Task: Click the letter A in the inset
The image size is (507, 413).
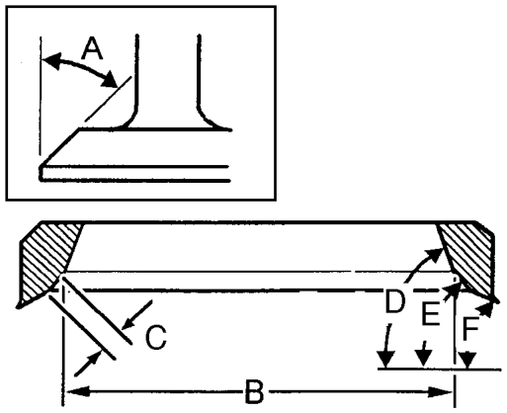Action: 92,48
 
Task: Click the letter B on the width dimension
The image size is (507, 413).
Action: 255,392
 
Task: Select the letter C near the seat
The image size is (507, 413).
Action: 156,337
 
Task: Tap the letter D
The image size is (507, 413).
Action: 395,301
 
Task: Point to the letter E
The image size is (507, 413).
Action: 431,313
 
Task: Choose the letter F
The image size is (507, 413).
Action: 470,328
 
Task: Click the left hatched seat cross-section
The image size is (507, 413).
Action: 49,260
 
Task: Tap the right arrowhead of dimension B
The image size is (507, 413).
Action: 441,392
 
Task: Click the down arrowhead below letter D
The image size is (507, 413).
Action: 386,360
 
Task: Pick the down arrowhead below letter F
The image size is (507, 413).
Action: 467,360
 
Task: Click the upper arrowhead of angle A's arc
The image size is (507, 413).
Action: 51,61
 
